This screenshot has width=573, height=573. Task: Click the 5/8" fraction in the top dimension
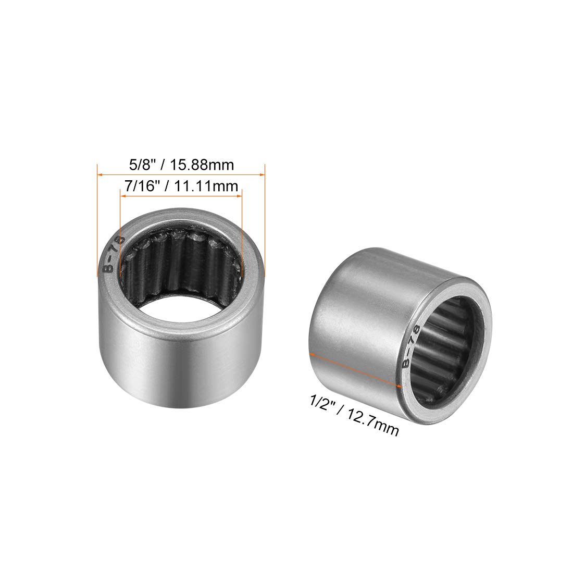coord(139,165)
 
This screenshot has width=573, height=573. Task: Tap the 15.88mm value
coord(199,165)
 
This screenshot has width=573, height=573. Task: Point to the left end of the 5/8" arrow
coord(99,175)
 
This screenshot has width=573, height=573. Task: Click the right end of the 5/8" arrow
coord(265,175)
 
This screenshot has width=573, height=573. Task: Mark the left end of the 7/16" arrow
coord(121,196)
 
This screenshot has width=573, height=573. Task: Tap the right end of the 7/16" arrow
coord(242,196)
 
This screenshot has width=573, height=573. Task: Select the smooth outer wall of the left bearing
coord(177,359)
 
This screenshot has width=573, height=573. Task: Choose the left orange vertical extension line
coord(98,219)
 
